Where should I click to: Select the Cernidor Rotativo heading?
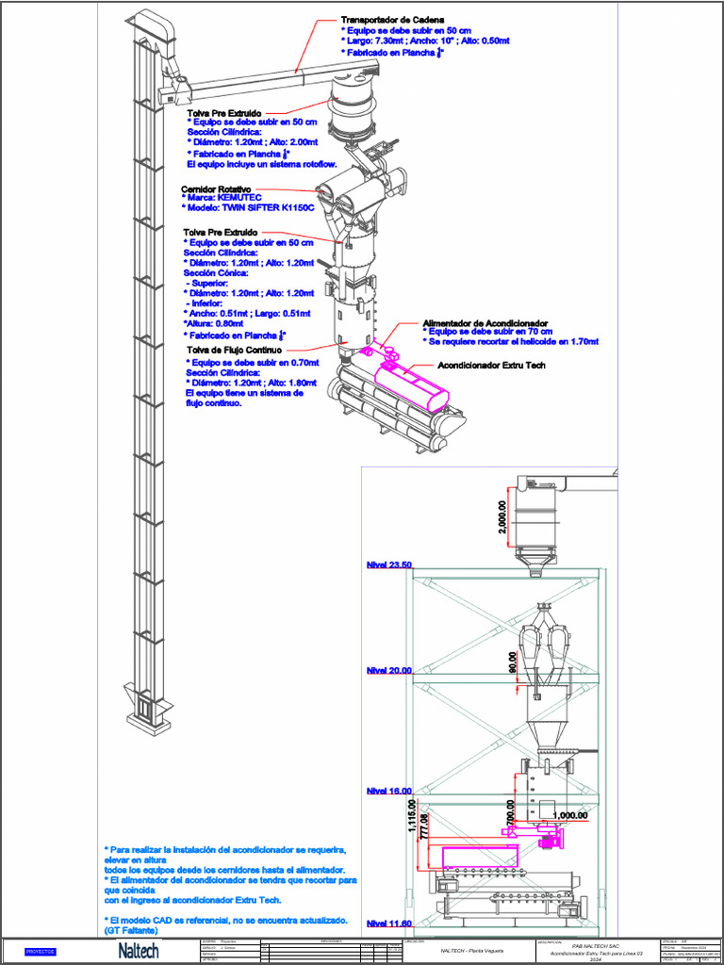point(217,188)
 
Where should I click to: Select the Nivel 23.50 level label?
point(388,564)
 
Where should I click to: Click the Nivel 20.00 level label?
point(388,670)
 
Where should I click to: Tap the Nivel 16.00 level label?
point(388,791)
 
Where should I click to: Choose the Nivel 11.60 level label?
point(388,924)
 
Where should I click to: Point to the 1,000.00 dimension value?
point(569,815)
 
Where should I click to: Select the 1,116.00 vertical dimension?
point(411,818)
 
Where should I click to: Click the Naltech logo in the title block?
point(138,952)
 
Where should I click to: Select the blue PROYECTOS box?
point(41,952)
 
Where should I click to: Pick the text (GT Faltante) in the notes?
point(131,930)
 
